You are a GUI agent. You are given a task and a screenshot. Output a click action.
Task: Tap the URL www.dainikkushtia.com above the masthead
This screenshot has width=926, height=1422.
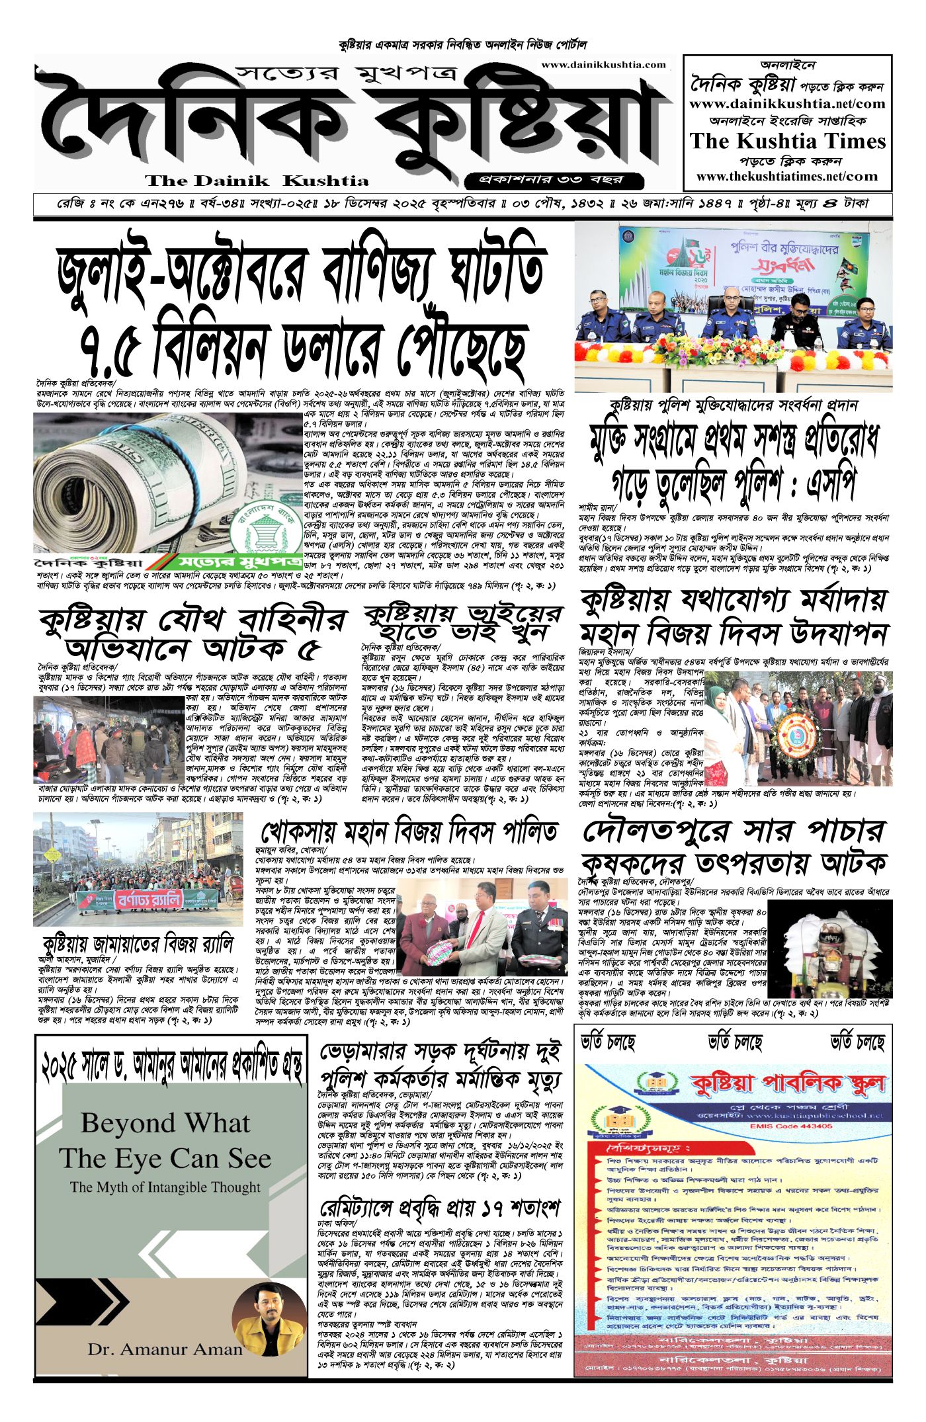[x=603, y=65]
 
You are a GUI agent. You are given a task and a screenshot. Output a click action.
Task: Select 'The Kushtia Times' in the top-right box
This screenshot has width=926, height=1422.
[x=787, y=141]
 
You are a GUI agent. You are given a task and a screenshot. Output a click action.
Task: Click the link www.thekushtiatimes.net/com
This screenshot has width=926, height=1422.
[x=787, y=177]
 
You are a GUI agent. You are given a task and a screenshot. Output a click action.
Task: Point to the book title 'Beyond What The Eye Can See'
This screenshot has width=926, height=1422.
[x=165, y=1141]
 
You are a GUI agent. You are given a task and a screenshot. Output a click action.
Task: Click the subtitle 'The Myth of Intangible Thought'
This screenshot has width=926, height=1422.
[x=165, y=1187]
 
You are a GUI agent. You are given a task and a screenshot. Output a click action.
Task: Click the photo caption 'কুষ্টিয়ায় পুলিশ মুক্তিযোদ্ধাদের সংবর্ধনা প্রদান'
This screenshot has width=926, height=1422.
[x=734, y=405]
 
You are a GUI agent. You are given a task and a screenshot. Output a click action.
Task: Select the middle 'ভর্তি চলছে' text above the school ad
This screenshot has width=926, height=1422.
[x=735, y=1043]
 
